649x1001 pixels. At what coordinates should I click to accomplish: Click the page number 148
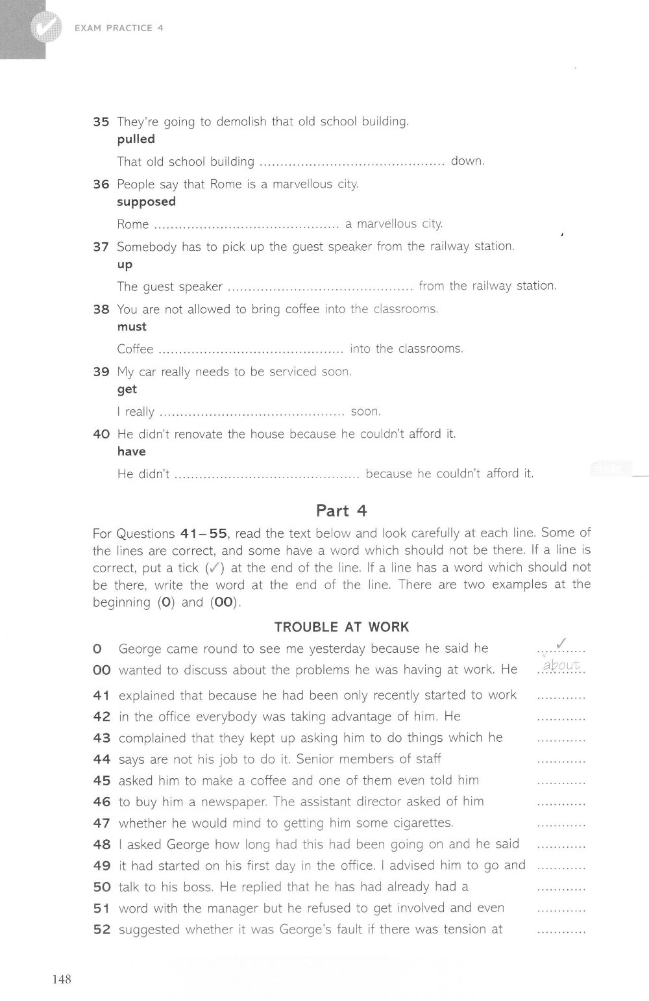[x=58, y=979]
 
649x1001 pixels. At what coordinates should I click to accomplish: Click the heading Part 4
[x=341, y=511]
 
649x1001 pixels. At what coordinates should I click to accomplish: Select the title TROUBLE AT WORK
[x=341, y=627]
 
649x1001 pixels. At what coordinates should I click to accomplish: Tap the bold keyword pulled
[x=136, y=139]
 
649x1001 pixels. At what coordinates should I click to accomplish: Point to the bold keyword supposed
[x=146, y=201]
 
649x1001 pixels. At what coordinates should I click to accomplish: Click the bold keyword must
[x=132, y=326]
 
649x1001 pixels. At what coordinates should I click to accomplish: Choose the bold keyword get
[x=127, y=389]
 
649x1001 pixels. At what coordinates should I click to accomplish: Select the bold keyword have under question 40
[x=131, y=451]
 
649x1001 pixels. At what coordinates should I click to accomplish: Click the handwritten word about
[x=561, y=665]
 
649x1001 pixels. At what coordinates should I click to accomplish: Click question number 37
[x=101, y=247]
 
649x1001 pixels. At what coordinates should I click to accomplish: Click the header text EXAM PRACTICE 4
[x=119, y=28]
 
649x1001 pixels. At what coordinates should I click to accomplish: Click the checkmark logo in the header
[x=43, y=27]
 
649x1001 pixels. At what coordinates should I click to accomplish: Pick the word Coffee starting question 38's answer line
[x=135, y=349]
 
